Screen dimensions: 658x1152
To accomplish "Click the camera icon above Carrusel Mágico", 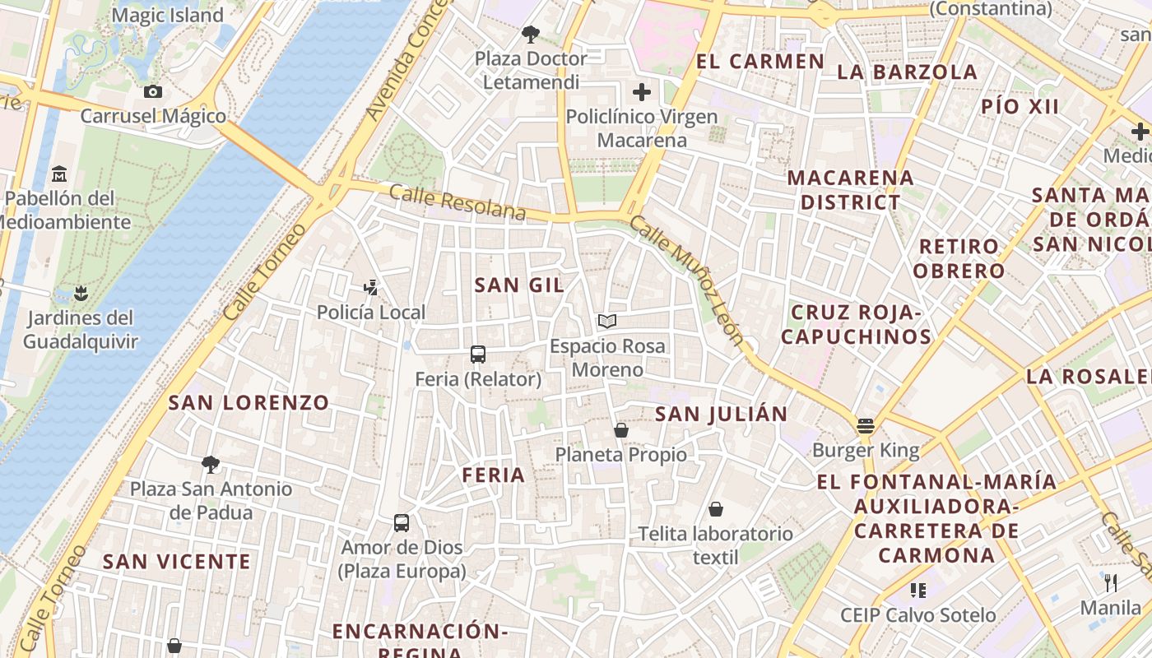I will coord(152,91).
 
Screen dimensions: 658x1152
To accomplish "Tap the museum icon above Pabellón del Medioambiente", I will coord(59,174).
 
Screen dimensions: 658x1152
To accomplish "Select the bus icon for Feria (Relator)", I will coord(478,354).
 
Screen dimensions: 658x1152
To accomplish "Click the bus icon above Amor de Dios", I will coord(402,522).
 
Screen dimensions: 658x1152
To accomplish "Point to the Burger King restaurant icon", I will coord(865,425).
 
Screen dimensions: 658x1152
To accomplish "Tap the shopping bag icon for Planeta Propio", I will coord(621,430).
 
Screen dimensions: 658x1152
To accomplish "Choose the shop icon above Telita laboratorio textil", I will coord(716,509).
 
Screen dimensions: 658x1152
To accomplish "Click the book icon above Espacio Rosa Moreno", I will coord(607,321).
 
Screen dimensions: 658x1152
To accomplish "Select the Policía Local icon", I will coord(371,287).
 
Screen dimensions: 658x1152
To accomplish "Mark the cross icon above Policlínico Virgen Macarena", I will coord(642,91).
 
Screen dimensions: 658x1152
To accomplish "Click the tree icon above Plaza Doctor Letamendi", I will coord(531,34).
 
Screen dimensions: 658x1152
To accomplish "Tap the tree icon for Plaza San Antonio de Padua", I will coord(211,464).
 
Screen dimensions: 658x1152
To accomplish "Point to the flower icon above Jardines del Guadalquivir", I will coord(80,293).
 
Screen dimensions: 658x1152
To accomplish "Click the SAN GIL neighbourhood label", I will coord(519,285).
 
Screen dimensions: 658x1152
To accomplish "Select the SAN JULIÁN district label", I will coord(721,414).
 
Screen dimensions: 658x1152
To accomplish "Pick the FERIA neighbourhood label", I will coord(494,475).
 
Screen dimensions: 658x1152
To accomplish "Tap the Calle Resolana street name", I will coord(457,202).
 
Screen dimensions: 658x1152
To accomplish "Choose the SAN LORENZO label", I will coord(249,402).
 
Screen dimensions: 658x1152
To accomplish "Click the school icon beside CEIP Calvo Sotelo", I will coord(918,590).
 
